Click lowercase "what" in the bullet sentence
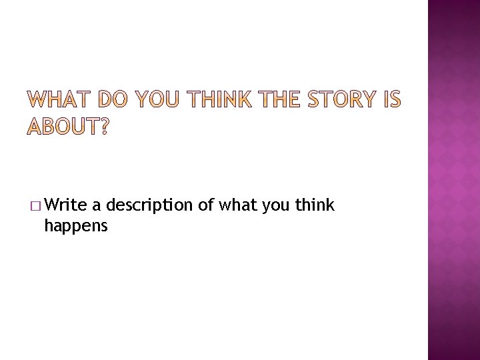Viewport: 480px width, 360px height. [x=238, y=205]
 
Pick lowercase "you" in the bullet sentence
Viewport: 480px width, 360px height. [x=276, y=206]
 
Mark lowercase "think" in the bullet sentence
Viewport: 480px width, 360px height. [x=315, y=205]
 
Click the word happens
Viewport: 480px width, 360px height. [x=75, y=227]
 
